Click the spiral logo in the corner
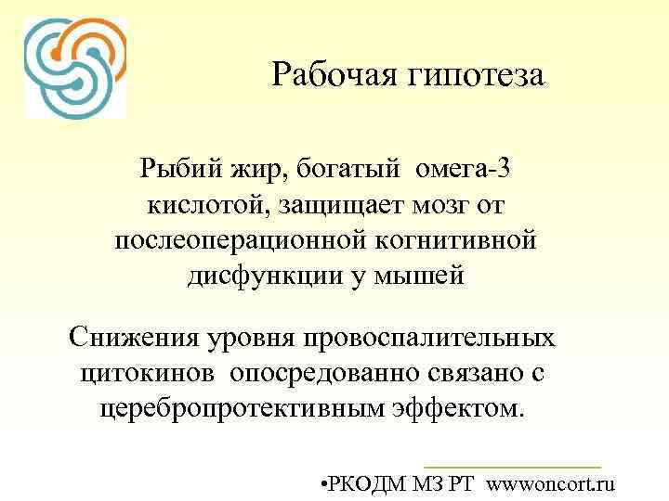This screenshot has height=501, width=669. coord(75,68)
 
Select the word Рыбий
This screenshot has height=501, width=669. coord(178,169)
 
